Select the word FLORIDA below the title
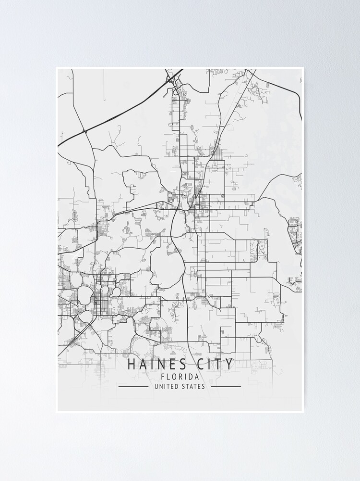coord(180,377)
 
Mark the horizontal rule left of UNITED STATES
coord(133,386)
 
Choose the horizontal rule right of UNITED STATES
coord(226,386)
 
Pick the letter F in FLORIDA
coord(164,377)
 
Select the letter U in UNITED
coord(156,386)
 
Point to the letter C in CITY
coord(202,364)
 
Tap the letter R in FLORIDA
coord(180,377)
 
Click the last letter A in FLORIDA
coord(196,377)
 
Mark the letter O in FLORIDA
coord(175,377)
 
